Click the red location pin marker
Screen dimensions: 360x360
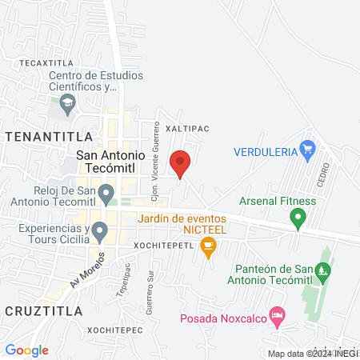coord(180,164)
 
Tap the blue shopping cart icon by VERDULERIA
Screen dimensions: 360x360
coord(306,149)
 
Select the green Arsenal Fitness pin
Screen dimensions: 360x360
coord(298,217)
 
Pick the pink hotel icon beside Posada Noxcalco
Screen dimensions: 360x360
coord(277,317)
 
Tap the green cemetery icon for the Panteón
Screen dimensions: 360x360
coord(323,273)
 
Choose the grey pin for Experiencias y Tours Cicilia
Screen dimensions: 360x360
coord(99,233)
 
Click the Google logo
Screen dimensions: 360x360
coord(26,350)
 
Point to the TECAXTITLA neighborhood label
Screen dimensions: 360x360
coord(41,62)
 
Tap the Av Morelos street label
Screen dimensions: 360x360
coord(86,273)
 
